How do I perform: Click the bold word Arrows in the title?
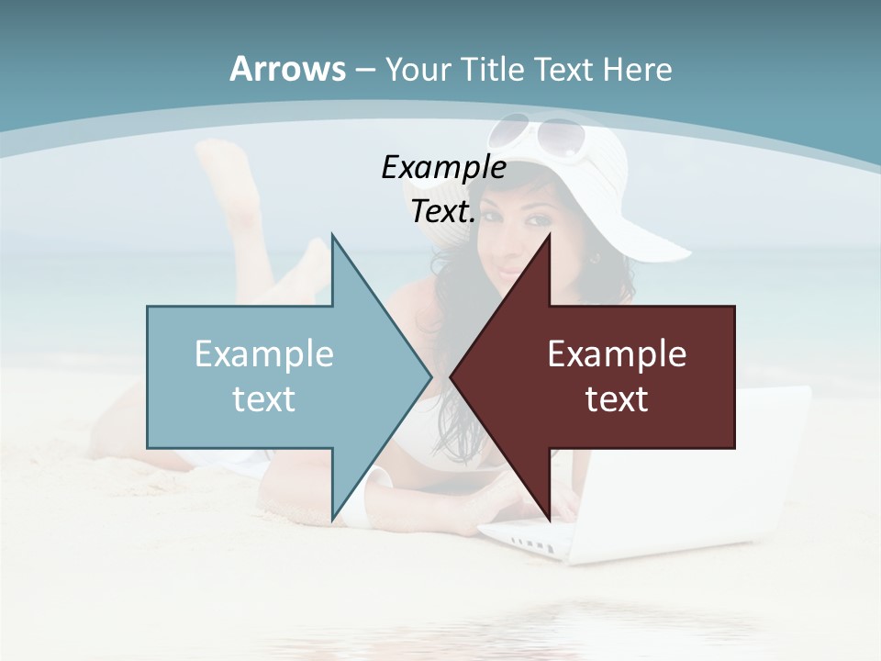click(287, 69)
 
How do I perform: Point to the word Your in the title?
click(418, 69)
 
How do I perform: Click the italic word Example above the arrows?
click(443, 167)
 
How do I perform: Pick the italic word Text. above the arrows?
click(443, 212)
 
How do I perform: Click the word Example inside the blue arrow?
click(264, 353)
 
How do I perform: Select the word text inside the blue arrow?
click(264, 398)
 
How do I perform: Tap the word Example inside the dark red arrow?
click(617, 353)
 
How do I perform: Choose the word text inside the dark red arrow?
click(617, 398)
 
